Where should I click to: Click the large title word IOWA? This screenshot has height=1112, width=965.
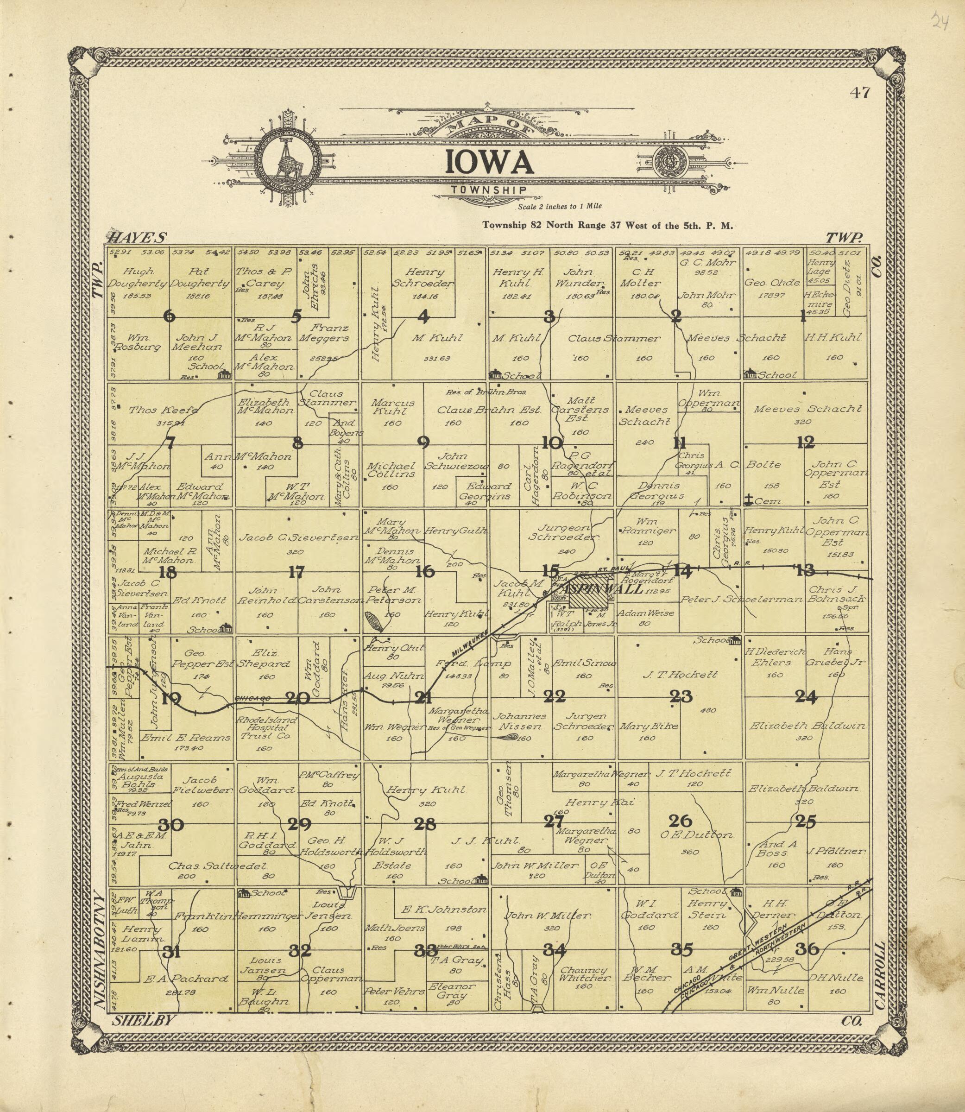coord(489,162)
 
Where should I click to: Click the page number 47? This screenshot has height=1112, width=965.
coord(859,93)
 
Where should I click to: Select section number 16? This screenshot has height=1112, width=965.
coord(425,571)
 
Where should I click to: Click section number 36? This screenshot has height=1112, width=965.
coord(807,949)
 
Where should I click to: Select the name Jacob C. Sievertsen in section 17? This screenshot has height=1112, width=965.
coord(298,537)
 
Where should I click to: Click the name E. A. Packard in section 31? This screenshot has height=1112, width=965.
coord(186,979)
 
